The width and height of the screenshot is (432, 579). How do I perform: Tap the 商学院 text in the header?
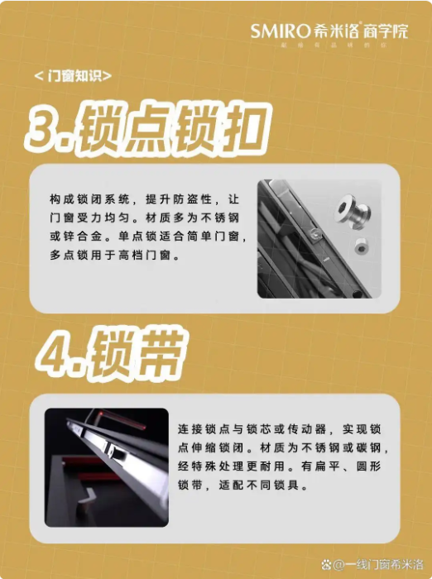coord(387,32)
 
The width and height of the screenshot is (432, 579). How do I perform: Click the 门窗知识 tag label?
coord(74,77)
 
